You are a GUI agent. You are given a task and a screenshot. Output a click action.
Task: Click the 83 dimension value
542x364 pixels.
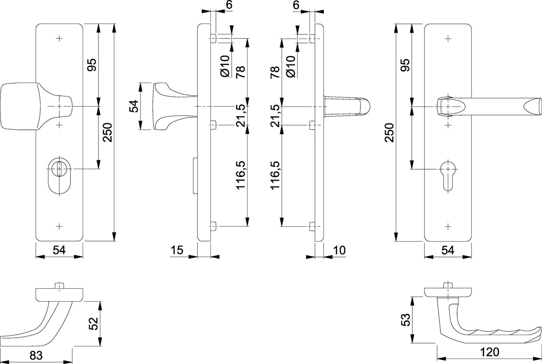(36, 355)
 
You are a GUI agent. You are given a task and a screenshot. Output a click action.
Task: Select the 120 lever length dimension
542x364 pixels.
(489, 352)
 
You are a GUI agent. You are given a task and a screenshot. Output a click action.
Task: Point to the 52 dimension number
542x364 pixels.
(93, 323)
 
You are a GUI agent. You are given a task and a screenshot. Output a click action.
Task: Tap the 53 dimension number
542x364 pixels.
(406, 320)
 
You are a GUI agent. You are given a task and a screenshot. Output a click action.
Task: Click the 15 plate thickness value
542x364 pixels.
(177, 250)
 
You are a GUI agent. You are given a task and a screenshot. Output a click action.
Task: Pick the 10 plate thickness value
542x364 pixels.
(339, 250)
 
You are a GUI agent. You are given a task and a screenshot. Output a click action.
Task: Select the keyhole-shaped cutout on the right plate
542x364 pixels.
(448, 176)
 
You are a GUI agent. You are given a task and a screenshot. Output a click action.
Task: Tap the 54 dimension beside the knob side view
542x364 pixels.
(134, 106)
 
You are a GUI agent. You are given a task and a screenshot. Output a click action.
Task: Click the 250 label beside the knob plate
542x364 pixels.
(107, 132)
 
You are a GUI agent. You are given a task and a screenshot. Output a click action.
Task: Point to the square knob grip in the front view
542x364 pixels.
(19, 107)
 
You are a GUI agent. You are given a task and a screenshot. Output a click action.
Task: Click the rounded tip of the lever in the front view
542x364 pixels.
(533, 107)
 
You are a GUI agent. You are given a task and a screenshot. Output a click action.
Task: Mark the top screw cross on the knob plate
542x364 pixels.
(59, 38)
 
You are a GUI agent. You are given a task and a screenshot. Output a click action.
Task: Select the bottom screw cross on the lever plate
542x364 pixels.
(448, 226)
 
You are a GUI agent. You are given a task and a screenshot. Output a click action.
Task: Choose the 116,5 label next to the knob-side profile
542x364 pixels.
(241, 175)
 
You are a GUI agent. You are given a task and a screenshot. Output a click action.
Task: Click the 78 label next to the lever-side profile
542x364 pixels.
(275, 72)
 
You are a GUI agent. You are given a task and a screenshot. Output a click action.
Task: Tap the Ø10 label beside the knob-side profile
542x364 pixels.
(225, 66)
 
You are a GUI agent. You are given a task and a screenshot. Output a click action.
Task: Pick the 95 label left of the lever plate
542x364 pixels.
(406, 65)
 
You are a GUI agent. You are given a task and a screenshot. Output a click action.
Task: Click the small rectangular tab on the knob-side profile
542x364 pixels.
(195, 176)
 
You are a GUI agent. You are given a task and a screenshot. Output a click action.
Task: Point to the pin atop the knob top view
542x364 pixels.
(59, 285)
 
